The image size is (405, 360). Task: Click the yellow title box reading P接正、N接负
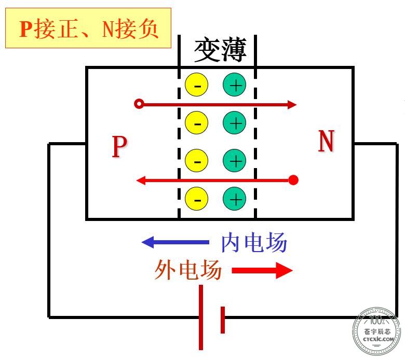[x=88, y=28]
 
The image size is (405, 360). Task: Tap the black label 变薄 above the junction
[x=220, y=49]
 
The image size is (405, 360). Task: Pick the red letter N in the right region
[x=326, y=141]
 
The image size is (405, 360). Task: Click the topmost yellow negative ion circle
[x=197, y=85]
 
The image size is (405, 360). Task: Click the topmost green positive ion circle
[x=235, y=85]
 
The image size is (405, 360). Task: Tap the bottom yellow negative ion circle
[x=197, y=199]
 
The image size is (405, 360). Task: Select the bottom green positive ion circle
[x=235, y=199]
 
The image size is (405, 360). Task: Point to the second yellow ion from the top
[x=197, y=122]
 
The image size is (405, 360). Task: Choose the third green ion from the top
[x=235, y=160]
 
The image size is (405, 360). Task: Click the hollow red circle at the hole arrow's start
[x=139, y=104]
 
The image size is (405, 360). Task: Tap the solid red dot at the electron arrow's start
[x=293, y=180]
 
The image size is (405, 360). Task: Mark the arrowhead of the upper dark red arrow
[x=292, y=104]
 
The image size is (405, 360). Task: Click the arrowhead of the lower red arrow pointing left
[x=141, y=180]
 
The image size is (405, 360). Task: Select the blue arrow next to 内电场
[x=176, y=242]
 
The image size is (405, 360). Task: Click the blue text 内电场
[x=254, y=242]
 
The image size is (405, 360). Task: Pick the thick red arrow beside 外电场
[x=262, y=270]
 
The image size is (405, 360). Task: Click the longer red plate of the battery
[x=201, y=317]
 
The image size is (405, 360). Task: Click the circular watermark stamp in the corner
[x=376, y=330]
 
